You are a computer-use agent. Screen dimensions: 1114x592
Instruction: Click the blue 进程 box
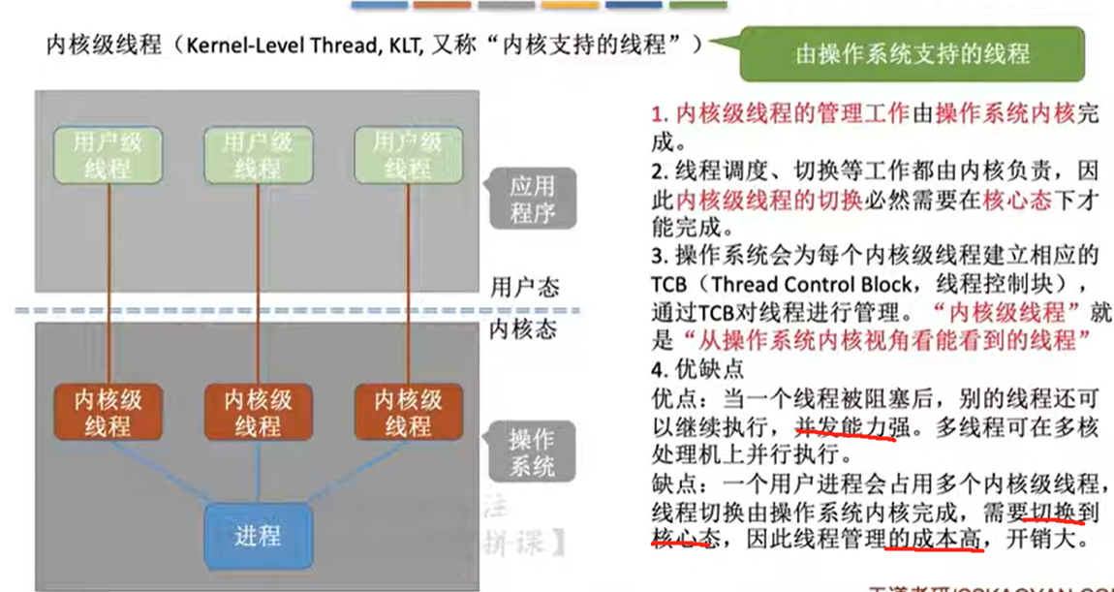coord(257,535)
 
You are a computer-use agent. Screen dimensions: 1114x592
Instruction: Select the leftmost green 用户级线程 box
coord(108,155)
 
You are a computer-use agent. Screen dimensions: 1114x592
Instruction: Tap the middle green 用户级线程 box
coord(257,155)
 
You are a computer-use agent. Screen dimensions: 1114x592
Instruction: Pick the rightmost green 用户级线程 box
coord(407,155)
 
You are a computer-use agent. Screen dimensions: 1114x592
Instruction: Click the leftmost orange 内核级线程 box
coord(108,412)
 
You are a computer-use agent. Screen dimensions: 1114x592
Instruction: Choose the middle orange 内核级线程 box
coord(257,412)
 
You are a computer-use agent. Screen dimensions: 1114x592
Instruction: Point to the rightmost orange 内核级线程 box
coord(407,412)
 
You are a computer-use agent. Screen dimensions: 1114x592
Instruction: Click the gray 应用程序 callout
coord(532,199)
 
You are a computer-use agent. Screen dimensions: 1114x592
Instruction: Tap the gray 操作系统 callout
coord(532,452)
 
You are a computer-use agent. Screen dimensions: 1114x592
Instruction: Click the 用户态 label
coord(524,288)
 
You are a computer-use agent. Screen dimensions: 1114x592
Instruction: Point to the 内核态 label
coord(524,329)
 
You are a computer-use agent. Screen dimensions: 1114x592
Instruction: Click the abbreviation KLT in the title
coord(399,46)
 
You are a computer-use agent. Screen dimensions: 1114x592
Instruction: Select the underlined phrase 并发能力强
coord(844,427)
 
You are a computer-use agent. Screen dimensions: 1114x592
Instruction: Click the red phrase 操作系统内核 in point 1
coord(1006,114)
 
